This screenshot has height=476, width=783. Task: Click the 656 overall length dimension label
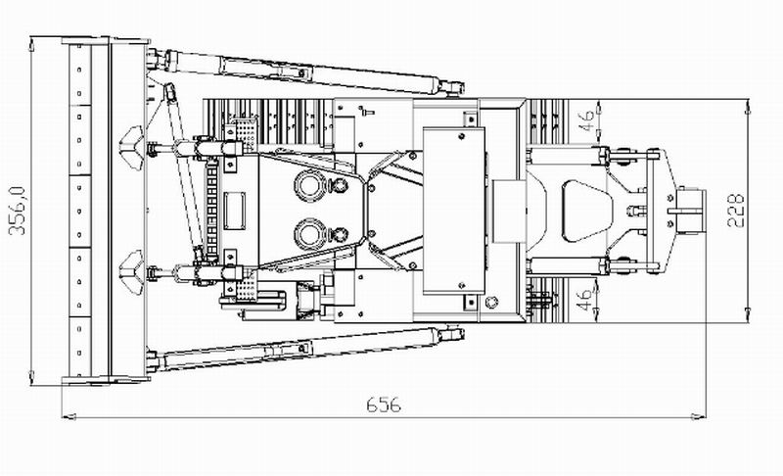coord(384,405)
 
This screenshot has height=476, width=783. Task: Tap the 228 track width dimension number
coord(736,211)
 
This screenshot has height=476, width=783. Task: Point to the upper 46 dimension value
coord(587,120)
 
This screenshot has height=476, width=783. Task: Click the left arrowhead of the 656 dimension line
coord(69,416)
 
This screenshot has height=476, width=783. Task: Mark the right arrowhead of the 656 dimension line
coord(699,416)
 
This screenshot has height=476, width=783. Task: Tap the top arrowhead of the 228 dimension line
coord(748,107)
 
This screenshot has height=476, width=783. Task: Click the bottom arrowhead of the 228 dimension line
coord(748,315)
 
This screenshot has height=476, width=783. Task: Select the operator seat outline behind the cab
coord(587,211)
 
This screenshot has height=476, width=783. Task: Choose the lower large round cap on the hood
coord(310,234)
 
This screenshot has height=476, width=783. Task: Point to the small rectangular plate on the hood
coord(234,211)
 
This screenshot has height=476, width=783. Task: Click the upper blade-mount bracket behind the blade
coord(132,148)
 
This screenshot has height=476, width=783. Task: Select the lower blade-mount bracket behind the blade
coord(132,272)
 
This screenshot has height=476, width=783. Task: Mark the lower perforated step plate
coord(246,286)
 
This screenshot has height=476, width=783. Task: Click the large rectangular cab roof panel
coord(454,211)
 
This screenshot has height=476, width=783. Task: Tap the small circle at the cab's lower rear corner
coord(492,302)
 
